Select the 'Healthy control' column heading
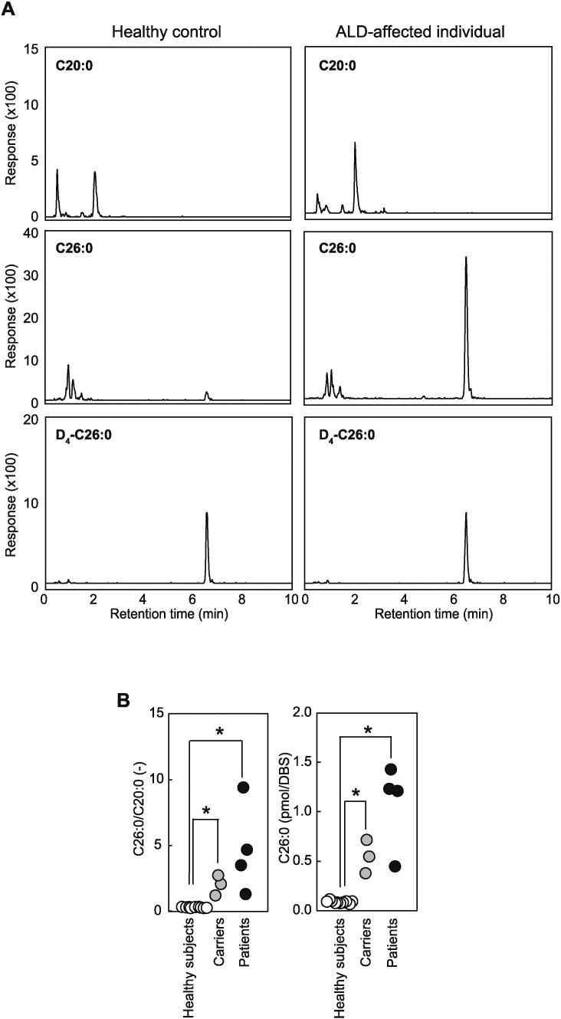point(166,32)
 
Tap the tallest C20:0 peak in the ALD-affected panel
point(356,143)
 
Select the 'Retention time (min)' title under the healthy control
point(168,614)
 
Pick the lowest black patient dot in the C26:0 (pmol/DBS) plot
point(395,866)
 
